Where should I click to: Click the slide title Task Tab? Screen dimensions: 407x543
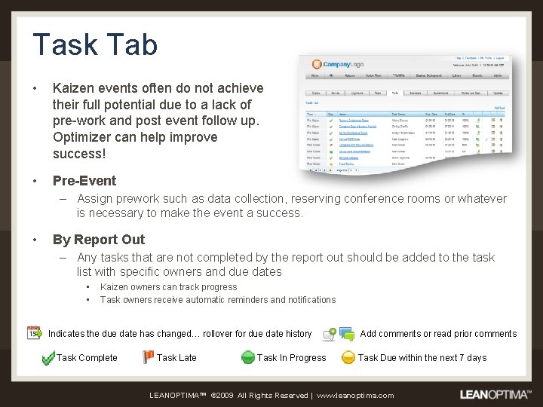pyautogui.click(x=95, y=44)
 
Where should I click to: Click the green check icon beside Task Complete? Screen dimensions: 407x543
pyautogui.click(x=48, y=358)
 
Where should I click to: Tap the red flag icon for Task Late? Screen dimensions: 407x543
pyautogui.click(x=149, y=357)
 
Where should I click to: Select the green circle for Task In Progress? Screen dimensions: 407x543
pyautogui.click(x=248, y=357)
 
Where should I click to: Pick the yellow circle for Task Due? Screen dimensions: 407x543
pyautogui.click(x=348, y=357)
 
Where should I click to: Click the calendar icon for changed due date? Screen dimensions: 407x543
pyautogui.click(x=35, y=332)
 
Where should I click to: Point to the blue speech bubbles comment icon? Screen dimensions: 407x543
pyautogui.click(x=347, y=333)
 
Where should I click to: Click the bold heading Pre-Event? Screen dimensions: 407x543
pyautogui.click(x=84, y=181)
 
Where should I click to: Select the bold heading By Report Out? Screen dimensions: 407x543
pyautogui.click(x=99, y=240)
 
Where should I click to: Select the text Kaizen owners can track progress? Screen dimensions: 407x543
pyautogui.click(x=168, y=287)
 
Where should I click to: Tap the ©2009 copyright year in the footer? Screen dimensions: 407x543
pyautogui.click(x=223, y=395)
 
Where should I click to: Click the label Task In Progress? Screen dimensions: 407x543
pyautogui.click(x=292, y=358)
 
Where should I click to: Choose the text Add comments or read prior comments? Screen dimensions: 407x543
pyautogui.click(x=438, y=334)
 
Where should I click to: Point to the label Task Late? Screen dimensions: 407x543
pyautogui.click(x=176, y=358)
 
